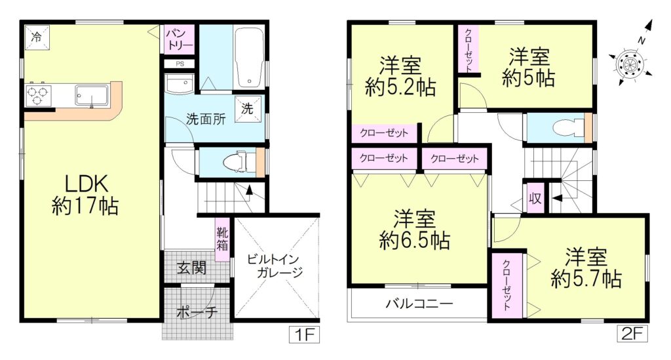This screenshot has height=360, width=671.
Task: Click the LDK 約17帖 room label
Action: pyautogui.click(x=85, y=194)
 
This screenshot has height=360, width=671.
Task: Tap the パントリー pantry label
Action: pyautogui.click(x=180, y=39)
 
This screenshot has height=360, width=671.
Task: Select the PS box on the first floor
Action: pyautogui.click(x=180, y=64)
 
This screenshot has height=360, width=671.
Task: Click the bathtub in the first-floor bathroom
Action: pyautogui.click(x=249, y=58)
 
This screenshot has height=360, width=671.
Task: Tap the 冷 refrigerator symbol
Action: pyautogui.click(x=37, y=37)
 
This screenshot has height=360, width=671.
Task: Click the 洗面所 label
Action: pyautogui.click(x=206, y=119)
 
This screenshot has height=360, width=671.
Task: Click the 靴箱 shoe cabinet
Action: pyautogui.click(x=223, y=240)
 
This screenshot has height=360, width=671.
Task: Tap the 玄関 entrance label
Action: pyautogui.click(x=192, y=268)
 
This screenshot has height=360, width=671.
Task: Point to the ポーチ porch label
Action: pyautogui.click(x=197, y=311)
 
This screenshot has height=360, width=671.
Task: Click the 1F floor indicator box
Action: pyautogui.click(x=304, y=334)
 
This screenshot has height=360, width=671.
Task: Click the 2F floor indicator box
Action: pyautogui.click(x=632, y=334)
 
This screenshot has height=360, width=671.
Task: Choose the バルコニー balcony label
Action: pyautogui.click(x=419, y=304)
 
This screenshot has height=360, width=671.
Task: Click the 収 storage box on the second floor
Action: pyautogui.click(x=535, y=198)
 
